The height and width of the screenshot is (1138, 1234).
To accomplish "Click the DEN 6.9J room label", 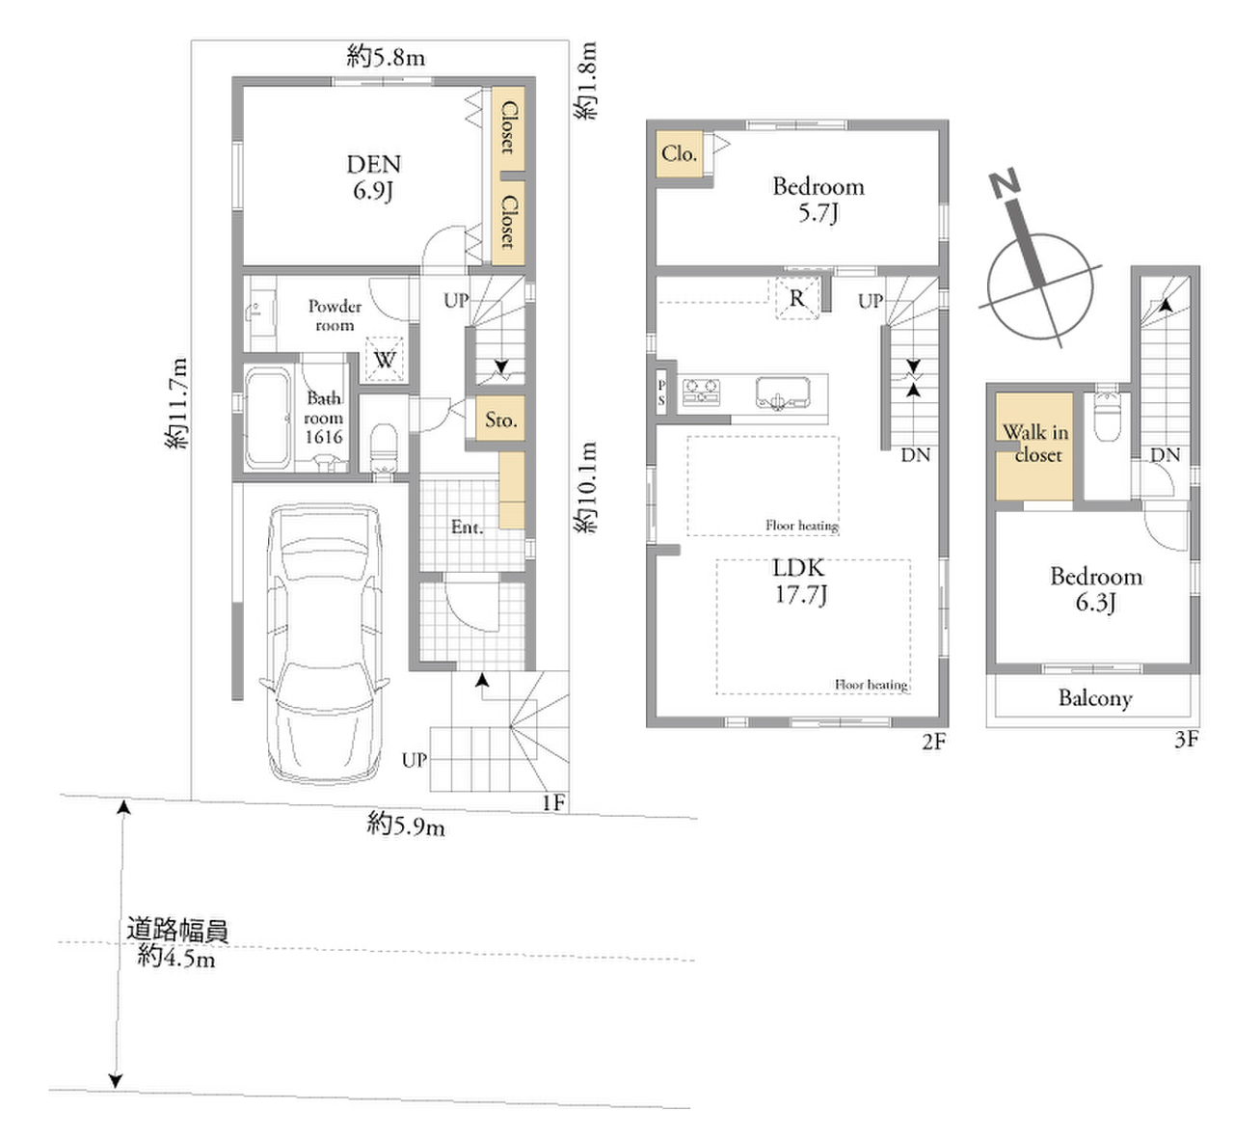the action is click(373, 177).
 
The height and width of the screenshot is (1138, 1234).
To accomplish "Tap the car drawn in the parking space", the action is click(324, 642).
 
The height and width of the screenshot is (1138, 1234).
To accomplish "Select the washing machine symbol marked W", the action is click(385, 359).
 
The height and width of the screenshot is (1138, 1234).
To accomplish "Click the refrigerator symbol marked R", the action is click(797, 299).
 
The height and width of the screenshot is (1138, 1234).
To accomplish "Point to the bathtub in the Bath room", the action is click(268, 418).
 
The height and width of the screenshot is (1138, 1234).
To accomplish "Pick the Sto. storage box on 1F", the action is click(500, 419).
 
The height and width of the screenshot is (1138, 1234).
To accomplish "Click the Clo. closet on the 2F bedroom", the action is click(679, 153).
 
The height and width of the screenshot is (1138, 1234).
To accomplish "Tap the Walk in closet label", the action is click(1035, 444).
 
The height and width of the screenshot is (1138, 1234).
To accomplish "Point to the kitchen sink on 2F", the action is click(783, 393).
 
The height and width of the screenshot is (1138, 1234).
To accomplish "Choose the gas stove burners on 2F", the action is click(702, 393).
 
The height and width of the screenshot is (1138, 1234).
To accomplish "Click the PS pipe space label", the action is click(661, 393).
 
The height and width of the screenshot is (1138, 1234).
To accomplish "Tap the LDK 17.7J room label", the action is click(799, 582).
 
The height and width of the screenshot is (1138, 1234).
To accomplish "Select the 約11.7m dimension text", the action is click(176, 403).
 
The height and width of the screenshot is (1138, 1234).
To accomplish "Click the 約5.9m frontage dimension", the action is click(406, 825).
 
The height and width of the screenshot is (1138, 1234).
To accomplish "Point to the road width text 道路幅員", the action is click(177, 931).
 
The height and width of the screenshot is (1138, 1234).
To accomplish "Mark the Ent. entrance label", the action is click(468, 528).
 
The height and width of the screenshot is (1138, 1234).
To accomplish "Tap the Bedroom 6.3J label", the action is click(1096, 589).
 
